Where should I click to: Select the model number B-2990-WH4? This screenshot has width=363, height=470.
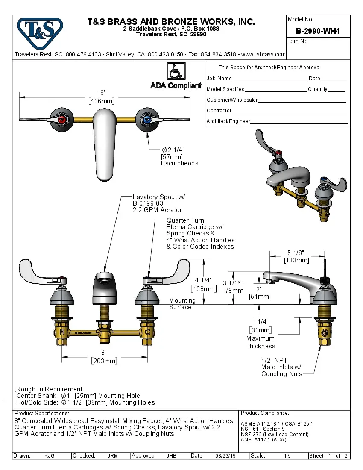point(318,31)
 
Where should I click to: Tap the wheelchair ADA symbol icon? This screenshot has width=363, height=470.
point(176,71)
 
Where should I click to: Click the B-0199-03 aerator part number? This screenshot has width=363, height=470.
point(148,203)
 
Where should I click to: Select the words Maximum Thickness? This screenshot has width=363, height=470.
point(261,342)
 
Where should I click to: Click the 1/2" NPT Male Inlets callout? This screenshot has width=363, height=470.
point(281,367)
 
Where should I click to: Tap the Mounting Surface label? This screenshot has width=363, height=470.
point(182,304)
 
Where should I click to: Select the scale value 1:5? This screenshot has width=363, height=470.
point(288,456)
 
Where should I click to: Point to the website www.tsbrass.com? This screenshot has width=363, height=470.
point(263,54)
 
